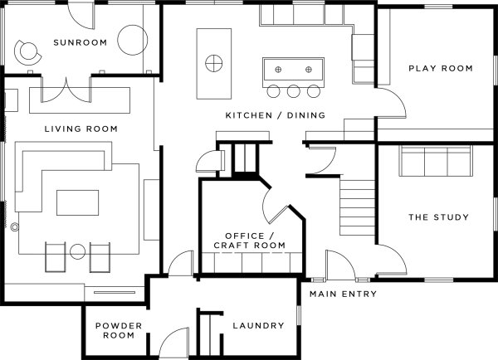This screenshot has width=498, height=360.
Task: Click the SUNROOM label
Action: coord(80,42)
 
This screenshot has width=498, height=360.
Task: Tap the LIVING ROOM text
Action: coord(81,129)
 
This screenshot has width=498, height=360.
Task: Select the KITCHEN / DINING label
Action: coord(276,115)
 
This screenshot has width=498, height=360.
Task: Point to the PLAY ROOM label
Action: coord(441,68)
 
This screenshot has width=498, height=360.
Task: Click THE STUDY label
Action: coord(438,217)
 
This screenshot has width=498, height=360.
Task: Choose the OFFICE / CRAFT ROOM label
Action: coord(249,241)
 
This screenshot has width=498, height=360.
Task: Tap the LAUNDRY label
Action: coord(258,325)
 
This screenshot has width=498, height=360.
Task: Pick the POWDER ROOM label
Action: coord(119,330)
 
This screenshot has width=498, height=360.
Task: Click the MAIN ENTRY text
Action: coord(343,294)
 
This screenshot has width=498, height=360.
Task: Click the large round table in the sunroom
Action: coord(133,40)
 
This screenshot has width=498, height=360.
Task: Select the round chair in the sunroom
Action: coord(27,52)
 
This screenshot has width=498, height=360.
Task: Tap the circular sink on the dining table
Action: coord(214,64)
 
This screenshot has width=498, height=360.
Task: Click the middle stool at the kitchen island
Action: coord(293,91)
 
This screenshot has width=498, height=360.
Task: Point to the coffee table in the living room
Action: coord(77,203)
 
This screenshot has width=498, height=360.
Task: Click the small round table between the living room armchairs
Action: coord(77,252)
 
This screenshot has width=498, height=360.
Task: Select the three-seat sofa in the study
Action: coord(436,161)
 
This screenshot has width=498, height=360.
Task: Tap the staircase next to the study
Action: coord(357,207)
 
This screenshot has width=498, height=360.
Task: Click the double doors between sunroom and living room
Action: coord(66,90)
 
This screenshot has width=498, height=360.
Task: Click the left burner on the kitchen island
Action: coord(278,70)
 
